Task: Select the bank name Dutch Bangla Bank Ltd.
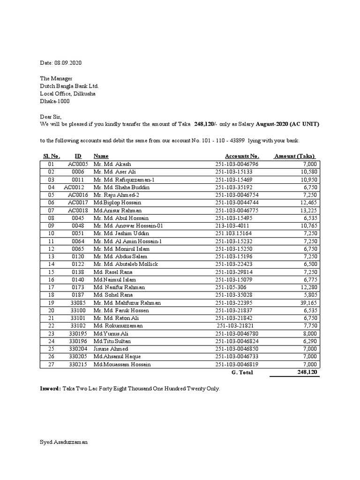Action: point(69,86)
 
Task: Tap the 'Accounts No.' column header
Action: point(242,156)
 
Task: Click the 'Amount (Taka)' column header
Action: point(295,156)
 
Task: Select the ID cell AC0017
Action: point(78,202)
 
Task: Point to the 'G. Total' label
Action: point(242,372)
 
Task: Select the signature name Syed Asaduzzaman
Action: point(63,442)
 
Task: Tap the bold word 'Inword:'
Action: point(50,389)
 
